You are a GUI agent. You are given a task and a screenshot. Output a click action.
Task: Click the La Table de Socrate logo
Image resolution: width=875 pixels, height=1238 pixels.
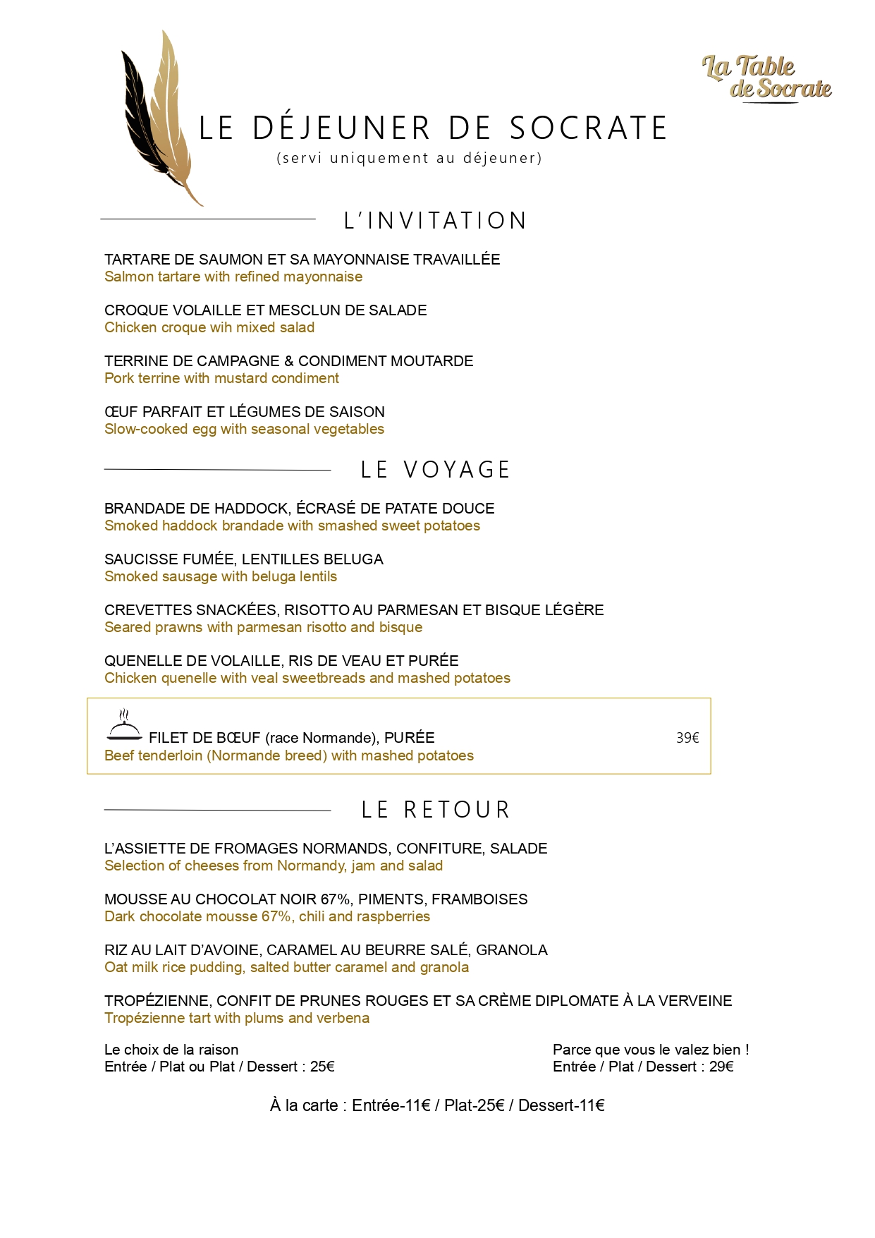coord(767,78)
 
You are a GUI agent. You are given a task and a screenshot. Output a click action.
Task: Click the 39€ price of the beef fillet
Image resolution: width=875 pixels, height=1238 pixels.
coord(687,738)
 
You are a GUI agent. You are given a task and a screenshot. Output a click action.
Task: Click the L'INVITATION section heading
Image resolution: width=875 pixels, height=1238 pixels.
coord(435,221)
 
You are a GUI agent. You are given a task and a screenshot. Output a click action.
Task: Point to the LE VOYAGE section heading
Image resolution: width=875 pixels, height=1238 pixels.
coord(435,470)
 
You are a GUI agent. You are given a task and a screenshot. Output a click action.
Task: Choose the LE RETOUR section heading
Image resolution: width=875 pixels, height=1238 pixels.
coord(435,810)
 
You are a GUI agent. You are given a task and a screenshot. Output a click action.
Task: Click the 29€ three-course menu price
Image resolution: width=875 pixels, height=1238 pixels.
coord(721,1067)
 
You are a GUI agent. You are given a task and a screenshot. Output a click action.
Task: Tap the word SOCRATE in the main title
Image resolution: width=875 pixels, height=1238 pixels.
coord(588,128)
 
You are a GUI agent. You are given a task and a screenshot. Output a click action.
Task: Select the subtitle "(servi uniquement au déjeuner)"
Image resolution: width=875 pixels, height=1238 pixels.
coord(410,158)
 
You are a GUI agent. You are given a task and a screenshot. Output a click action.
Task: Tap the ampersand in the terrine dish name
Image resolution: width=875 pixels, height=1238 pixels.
coord(289,361)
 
